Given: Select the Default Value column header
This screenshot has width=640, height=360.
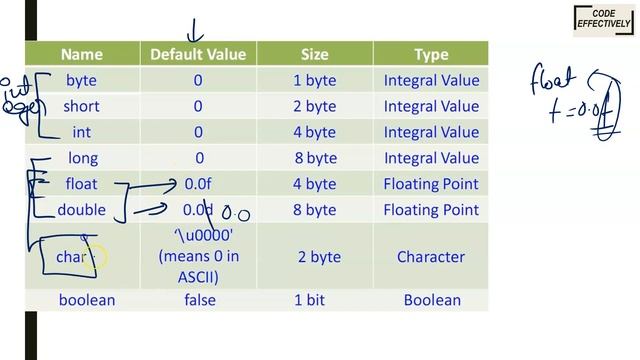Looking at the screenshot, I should point(198,54).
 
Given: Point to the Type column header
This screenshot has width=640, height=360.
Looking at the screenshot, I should point(431,54).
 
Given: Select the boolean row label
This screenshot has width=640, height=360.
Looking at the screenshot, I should point(87,300).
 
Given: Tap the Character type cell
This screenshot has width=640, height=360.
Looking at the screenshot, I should point(431,257).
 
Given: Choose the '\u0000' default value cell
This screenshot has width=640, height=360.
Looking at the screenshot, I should point(198,257).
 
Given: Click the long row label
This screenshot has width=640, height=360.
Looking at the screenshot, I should point(83,158).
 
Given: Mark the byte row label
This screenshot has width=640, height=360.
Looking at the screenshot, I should point(82,80).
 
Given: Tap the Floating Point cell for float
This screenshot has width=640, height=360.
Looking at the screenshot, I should point(431,184).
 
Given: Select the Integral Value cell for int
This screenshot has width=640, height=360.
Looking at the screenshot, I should point(431,132).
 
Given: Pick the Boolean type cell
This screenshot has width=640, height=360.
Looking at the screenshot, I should point(432,300).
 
